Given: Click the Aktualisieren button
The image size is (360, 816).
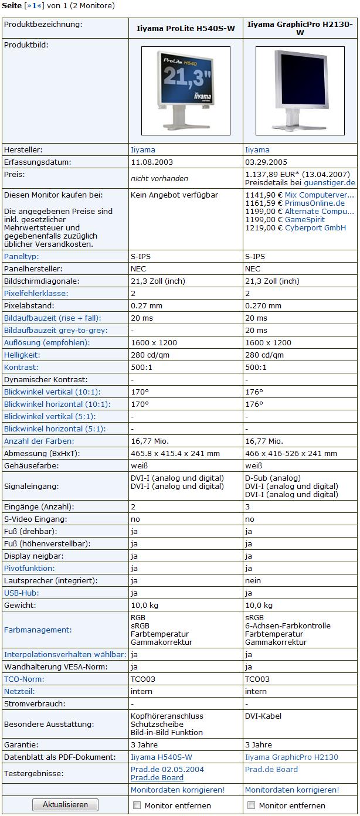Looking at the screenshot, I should pos(65,805).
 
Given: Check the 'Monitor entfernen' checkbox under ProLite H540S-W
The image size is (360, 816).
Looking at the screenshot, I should pos(137,805).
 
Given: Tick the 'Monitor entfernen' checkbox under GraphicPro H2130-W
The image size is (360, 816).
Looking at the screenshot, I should pos(252,805).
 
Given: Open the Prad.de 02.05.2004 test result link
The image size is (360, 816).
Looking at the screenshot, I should pos(167,769).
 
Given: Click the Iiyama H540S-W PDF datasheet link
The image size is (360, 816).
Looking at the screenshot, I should pos(161,757).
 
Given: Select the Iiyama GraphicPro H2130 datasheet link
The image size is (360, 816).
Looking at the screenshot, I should pos(291,757).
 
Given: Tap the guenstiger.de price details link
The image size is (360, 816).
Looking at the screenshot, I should pos(330,183).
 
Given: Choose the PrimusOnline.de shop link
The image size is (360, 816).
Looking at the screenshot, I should pos(315,203).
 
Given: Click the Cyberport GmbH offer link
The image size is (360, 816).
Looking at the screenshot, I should pos(315,227).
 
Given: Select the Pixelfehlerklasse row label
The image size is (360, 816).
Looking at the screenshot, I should pos(36,293).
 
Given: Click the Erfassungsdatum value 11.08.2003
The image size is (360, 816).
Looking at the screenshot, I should pos(152,162).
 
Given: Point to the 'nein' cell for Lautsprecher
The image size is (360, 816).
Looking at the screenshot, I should pos(253,580).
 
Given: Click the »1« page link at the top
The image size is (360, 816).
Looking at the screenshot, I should pos(34,6).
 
